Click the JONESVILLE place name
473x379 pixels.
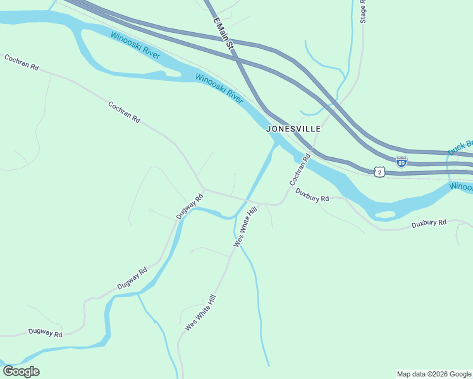pos(293,128)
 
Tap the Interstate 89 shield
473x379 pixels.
pos(401,161)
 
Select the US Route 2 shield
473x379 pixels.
pos(379,171)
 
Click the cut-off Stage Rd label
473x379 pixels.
pos(364,12)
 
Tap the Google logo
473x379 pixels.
pos(21,371)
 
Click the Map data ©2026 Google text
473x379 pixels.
pos(434,374)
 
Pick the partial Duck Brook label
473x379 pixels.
pos(460,147)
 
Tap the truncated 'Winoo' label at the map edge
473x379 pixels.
pos(461,187)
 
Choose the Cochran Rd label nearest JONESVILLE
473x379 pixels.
pos(300,169)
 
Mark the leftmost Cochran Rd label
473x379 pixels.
pos(21,62)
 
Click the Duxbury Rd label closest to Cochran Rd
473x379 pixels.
pos(312,198)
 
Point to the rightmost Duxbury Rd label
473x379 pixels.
pos(429,223)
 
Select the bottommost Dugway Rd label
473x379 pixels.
pos(46,333)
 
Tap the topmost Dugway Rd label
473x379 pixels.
pos(190,206)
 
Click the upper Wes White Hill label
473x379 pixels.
pos(247,226)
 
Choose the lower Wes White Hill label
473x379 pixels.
pos(200,313)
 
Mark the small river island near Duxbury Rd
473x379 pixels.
pos(384,214)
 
